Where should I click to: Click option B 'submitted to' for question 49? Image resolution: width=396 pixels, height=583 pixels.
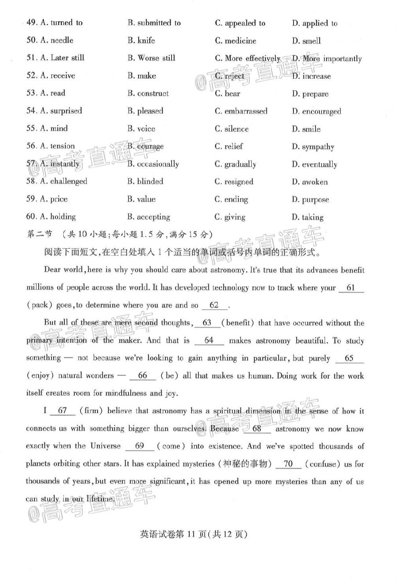click(154, 23)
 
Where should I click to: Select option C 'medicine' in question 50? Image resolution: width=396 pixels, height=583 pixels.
click(235, 41)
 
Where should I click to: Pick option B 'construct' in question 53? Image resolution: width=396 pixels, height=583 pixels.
click(148, 94)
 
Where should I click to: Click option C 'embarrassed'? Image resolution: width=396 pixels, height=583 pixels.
click(241, 111)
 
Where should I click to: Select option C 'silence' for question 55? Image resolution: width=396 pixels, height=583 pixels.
click(231, 129)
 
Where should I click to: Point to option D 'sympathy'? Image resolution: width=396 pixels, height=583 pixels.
click(313, 147)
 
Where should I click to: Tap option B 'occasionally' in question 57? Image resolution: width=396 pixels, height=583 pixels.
click(153, 164)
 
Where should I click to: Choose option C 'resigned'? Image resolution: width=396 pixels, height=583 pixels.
click(234, 182)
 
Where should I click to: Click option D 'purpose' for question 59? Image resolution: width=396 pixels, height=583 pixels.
click(310, 200)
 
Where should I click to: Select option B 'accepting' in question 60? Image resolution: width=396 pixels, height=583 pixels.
click(148, 217)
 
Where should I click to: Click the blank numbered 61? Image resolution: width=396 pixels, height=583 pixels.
click(351, 288)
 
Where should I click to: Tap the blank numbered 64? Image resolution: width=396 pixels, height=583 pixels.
click(209, 341)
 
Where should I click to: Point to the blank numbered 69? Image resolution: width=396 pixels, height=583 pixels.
click(139, 446)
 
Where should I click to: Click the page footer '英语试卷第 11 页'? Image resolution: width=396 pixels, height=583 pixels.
click(172, 534)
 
